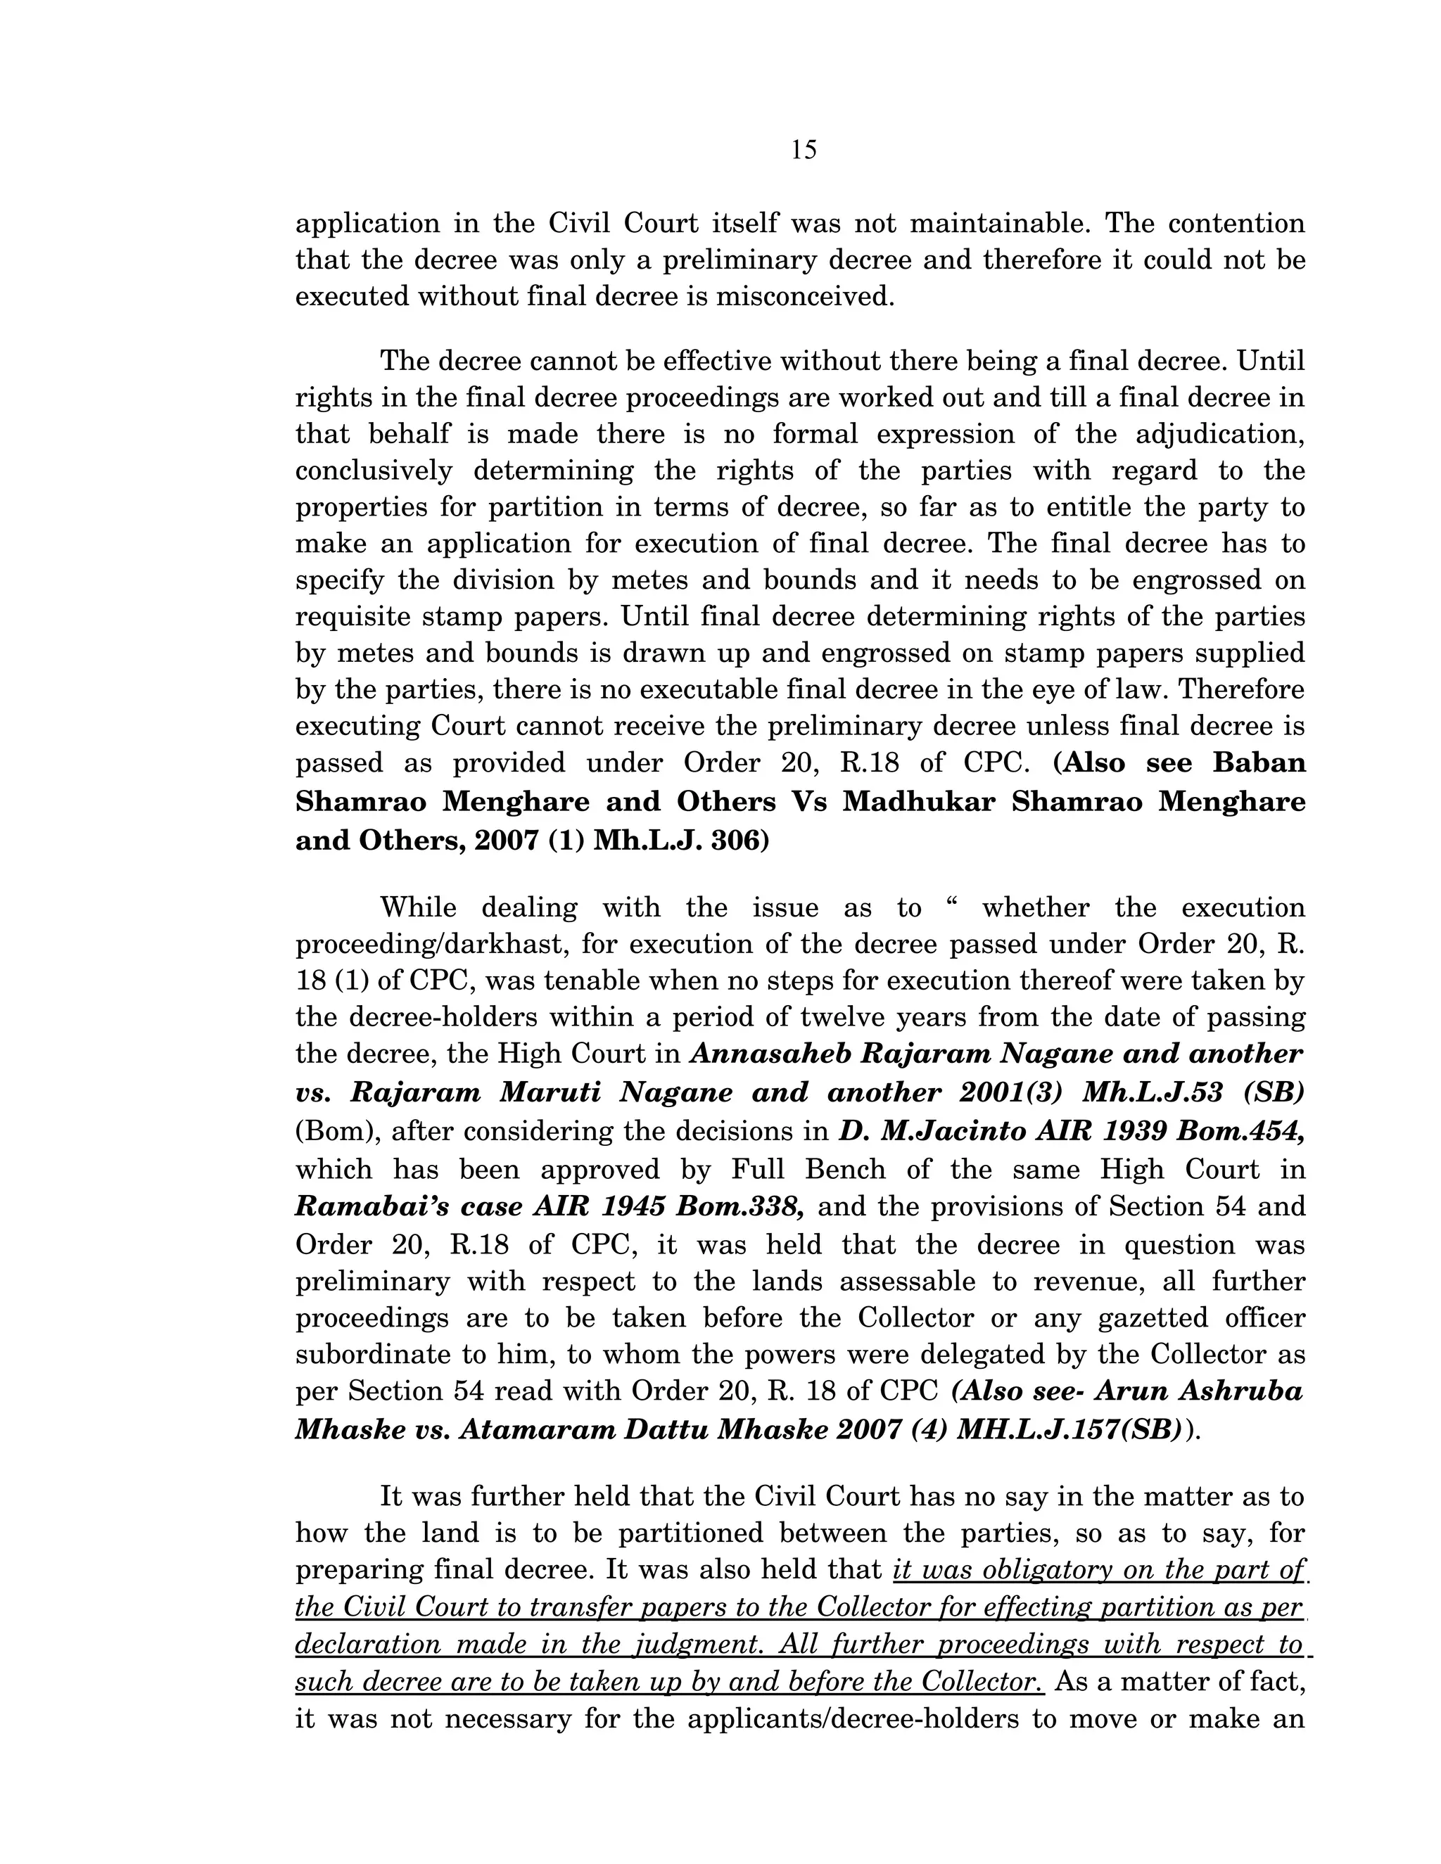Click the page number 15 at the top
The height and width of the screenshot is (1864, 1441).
804,151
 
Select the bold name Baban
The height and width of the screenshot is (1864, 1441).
1259,762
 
